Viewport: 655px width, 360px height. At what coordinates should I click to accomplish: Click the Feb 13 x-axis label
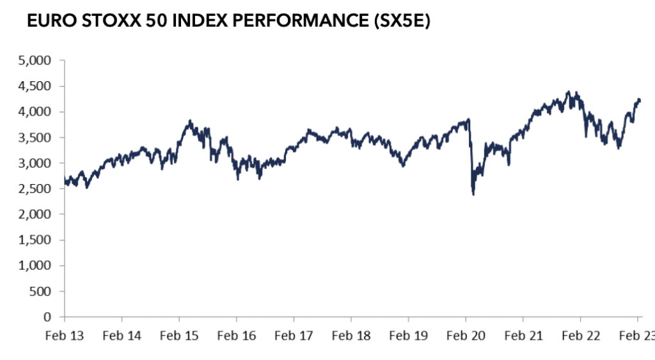coord(65,334)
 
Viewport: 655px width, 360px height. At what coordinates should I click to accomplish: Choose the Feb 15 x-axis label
coord(179,334)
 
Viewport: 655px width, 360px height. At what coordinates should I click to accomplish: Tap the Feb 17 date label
coord(294,334)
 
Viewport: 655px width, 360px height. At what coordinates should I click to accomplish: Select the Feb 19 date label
coord(408,334)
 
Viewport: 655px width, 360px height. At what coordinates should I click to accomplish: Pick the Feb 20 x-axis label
coord(466,334)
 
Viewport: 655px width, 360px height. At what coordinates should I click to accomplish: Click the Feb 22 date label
coord(580,334)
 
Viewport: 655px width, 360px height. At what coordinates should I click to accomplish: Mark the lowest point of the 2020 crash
coord(473,194)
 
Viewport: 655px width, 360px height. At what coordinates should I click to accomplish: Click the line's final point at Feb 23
coord(640,100)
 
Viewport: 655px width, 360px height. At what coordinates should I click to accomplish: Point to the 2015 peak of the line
coord(189,120)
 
